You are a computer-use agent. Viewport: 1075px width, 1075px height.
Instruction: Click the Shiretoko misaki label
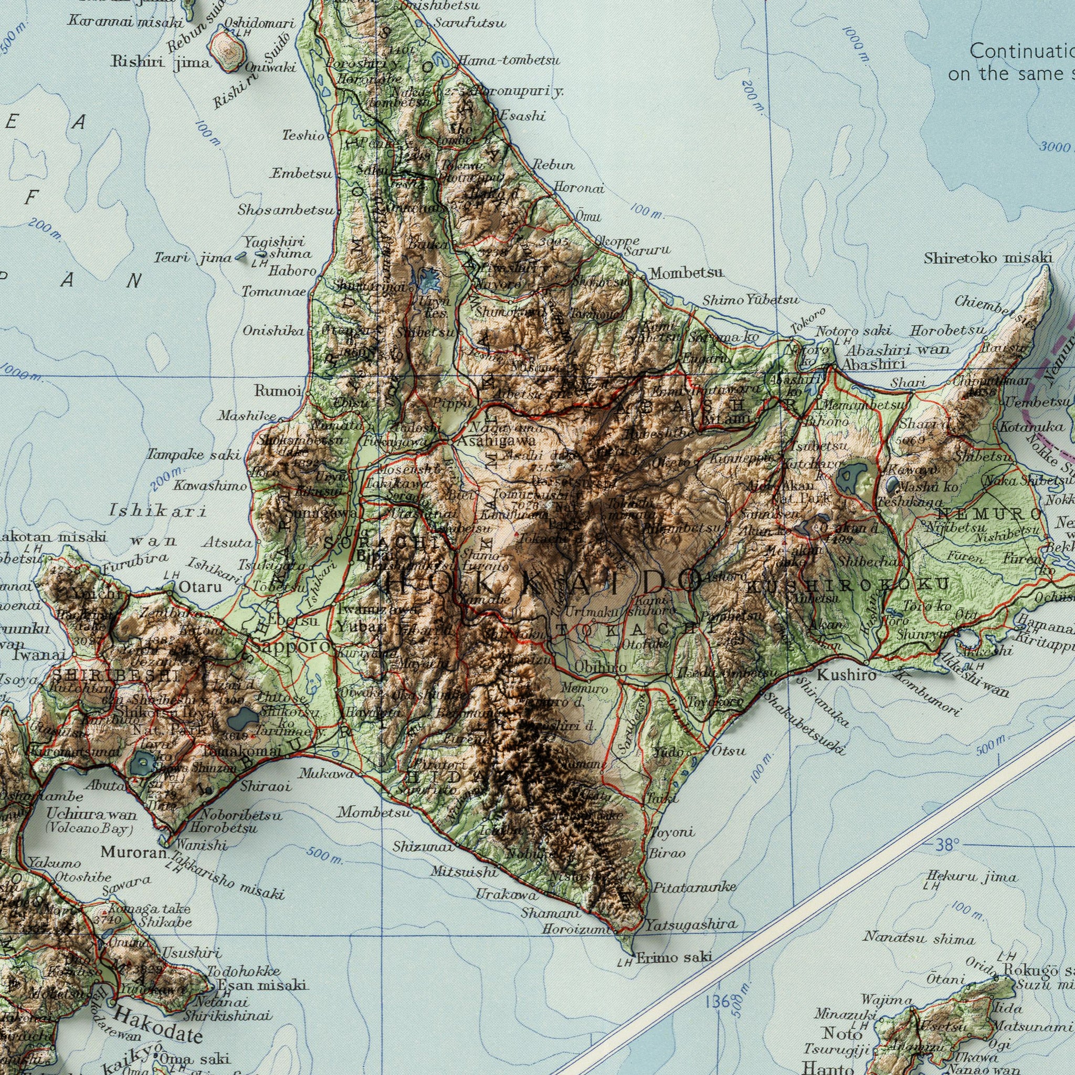pyautogui.click(x=988, y=258)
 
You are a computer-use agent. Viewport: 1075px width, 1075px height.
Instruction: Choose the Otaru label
pyautogui.click(x=201, y=587)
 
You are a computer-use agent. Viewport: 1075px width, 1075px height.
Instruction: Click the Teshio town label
pyautogui.click(x=303, y=135)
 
